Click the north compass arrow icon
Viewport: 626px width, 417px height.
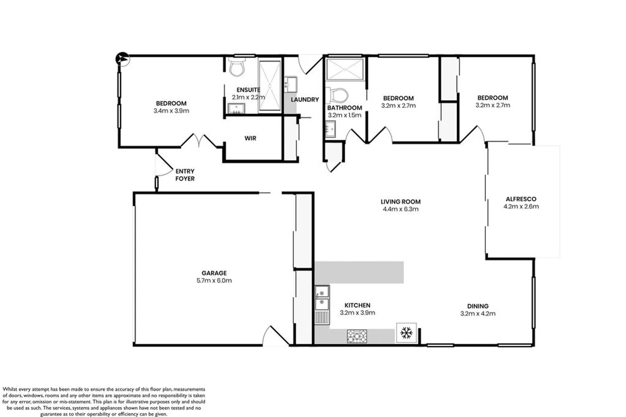122,59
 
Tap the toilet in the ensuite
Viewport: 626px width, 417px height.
237,67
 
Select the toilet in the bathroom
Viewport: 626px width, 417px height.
337,95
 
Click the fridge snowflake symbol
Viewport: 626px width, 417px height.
406,333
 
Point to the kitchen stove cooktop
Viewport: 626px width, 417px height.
357,336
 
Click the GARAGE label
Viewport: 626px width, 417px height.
214,273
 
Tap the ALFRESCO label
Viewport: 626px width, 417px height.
521,199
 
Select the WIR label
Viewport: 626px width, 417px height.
250,138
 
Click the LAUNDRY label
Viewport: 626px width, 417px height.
305,99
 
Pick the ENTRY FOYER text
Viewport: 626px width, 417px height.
185,175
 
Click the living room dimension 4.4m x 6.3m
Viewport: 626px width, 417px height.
401,209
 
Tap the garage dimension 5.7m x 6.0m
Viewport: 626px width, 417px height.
214,280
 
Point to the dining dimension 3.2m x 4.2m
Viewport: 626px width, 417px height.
478,314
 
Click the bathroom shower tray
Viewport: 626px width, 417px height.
345,69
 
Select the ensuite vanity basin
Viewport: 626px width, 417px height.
236,108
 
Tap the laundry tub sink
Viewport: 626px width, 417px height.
290,84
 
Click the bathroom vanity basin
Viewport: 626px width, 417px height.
331,129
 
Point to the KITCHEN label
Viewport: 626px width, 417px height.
357,305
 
